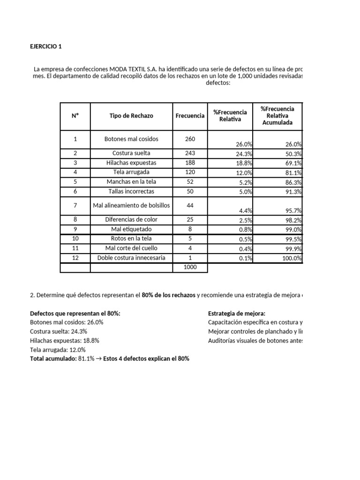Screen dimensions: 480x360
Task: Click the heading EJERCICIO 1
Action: [45, 46]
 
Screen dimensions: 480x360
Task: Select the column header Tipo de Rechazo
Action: [131, 116]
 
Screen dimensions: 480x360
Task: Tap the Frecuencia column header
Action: [190, 116]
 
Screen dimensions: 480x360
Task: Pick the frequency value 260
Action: [190, 139]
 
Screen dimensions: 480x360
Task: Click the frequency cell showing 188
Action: [190, 163]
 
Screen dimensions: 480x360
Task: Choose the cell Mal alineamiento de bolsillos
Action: [131, 205]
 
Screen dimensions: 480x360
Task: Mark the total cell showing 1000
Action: [190, 267]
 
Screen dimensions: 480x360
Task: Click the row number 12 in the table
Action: [75, 258]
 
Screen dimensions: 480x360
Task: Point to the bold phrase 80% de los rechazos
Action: [168, 295]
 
